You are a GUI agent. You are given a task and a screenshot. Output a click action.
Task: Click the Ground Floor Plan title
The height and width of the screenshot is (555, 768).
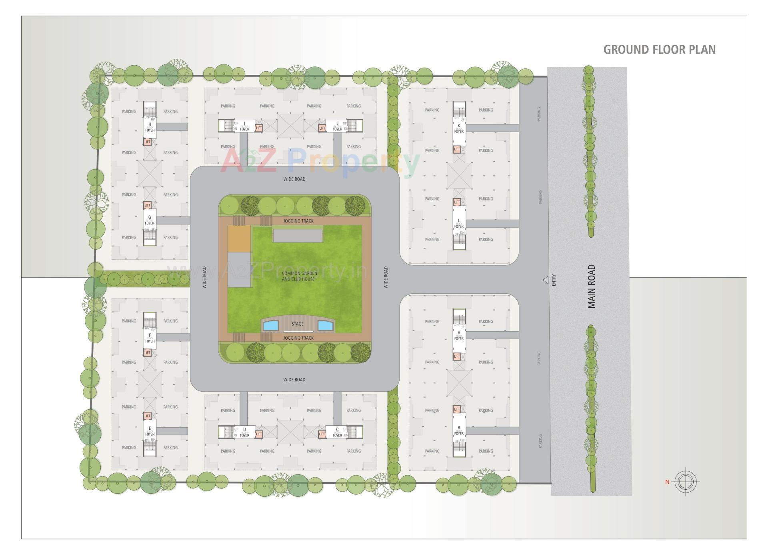tap(659, 50)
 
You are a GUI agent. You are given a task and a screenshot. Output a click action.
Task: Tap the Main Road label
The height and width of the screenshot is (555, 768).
tap(592, 287)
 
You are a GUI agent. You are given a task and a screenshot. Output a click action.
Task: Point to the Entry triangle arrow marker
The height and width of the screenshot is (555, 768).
tap(545, 280)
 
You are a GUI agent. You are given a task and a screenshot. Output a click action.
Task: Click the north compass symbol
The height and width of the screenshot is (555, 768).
tap(686, 481)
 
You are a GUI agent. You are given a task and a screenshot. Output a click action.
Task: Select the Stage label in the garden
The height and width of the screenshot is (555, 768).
tap(297, 324)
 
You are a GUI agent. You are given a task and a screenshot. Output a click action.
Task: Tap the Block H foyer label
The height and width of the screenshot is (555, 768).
tap(150, 127)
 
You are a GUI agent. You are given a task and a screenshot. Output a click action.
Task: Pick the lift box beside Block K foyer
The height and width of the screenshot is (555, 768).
tap(457, 149)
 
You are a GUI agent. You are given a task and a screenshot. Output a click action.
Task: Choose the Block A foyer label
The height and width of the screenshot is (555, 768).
tap(459, 335)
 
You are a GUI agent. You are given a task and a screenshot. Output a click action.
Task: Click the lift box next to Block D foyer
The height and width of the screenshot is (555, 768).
tap(259, 434)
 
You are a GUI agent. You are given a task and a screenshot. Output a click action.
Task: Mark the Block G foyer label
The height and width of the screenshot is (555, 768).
tap(150, 220)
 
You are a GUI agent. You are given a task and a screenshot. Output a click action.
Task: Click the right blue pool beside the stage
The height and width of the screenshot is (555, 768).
tap(325, 325)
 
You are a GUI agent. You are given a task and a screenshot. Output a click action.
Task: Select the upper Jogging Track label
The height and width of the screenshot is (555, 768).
tap(298, 221)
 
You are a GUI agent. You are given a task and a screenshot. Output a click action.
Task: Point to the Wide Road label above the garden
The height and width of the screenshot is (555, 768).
tap(294, 179)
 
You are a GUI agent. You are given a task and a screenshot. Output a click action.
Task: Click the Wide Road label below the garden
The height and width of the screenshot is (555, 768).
tap(294, 380)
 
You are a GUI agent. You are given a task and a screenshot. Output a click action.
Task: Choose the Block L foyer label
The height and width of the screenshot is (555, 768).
tap(459, 223)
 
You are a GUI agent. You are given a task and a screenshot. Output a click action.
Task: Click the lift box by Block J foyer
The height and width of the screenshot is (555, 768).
tap(322, 128)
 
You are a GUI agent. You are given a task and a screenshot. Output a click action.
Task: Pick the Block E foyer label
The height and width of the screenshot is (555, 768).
tap(150, 431)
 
